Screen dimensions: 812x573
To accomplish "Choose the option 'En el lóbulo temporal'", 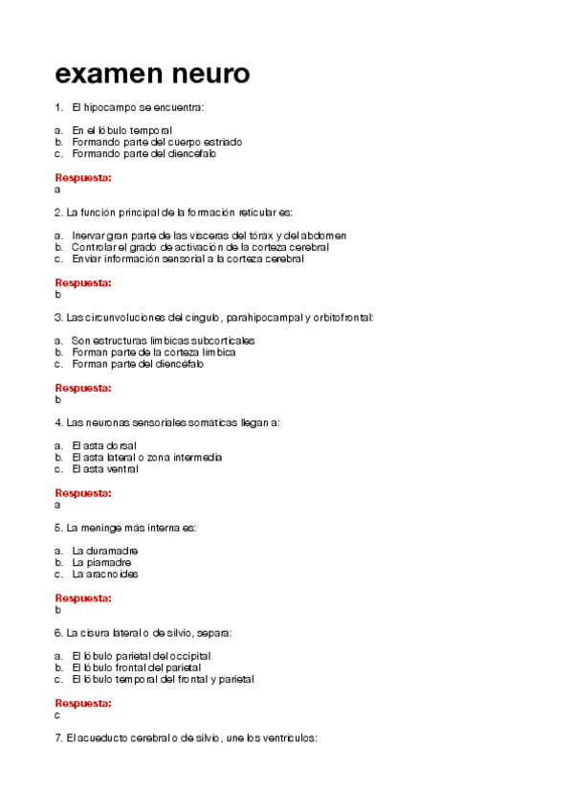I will (121, 130).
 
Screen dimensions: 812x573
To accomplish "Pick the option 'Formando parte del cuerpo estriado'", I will (156, 142).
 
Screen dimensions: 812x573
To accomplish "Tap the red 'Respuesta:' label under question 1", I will (83, 178).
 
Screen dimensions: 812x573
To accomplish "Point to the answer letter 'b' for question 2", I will (58, 295).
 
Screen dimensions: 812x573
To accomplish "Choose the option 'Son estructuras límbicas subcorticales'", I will (163, 341).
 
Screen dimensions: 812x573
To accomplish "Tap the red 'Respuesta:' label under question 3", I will (83, 389).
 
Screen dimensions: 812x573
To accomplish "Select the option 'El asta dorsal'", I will (103, 446).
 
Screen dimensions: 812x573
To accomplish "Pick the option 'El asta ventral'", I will (105, 469).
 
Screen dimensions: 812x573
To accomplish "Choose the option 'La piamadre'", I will (101, 563).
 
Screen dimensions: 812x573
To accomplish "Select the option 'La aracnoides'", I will (105, 575).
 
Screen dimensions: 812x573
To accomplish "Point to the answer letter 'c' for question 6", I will (58, 714).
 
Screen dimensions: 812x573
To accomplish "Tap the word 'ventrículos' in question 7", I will (290, 739).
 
